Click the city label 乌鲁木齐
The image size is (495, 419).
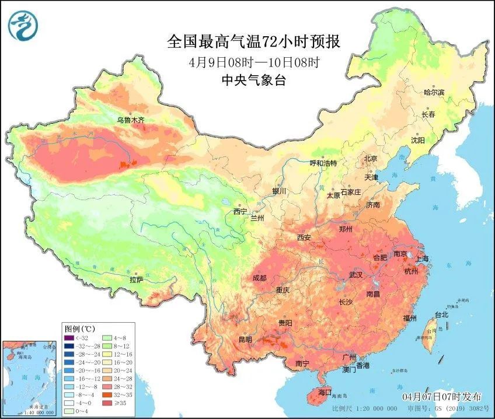click(130, 120)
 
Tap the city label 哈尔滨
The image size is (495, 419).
click(434, 92)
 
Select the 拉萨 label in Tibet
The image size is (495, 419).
click(136, 280)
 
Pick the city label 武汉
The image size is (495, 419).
click(355, 274)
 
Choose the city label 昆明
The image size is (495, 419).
click(245, 339)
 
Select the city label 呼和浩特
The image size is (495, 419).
click(323, 163)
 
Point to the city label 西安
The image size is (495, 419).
click(304, 238)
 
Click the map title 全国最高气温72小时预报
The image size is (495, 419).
click(253, 42)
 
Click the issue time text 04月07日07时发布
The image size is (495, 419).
click(445, 397)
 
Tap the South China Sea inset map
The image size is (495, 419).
click(30, 378)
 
